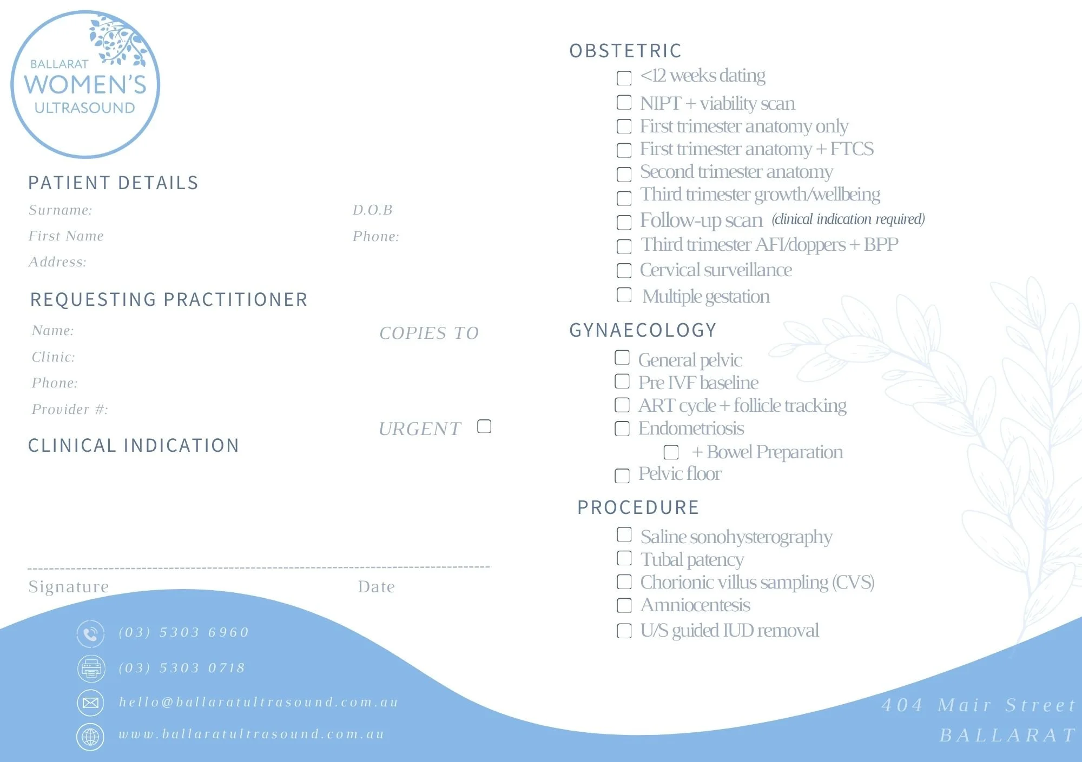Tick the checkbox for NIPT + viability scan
pos(624,102)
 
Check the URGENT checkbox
pos(484,426)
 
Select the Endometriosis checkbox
pos(622,429)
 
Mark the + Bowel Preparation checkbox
pos(671,452)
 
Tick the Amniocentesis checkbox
pos(624,605)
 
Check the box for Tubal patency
pos(624,558)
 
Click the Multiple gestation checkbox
pos(624,295)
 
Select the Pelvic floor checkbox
pos(622,476)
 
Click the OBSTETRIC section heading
pos(625,51)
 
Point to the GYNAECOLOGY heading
pos(643,330)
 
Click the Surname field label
pos(61,210)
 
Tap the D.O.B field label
pos(372,210)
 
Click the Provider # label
pos(70,409)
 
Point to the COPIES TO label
pos(429,333)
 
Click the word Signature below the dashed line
pos(69,586)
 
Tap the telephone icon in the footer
pos(90,633)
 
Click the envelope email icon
pos(90,703)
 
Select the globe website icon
pos(90,736)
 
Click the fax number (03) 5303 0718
pos(182,668)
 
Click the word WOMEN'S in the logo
pos(85,85)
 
